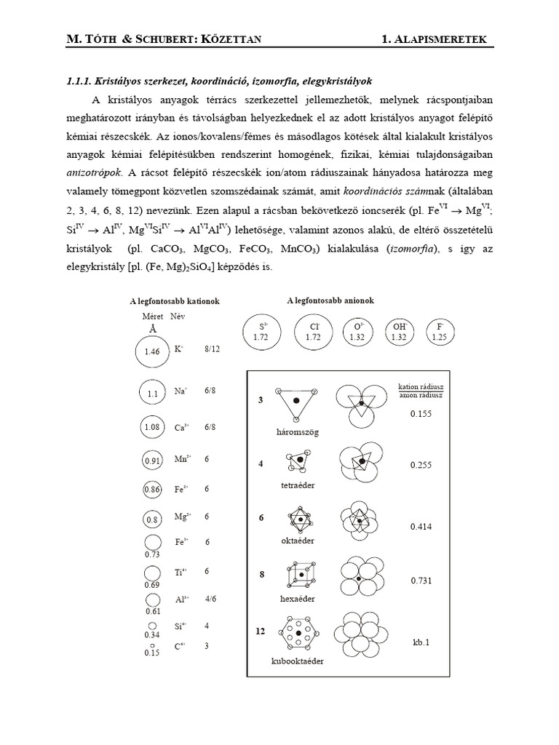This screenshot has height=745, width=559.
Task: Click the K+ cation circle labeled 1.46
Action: point(151,352)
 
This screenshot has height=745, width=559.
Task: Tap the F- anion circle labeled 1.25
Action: point(440,332)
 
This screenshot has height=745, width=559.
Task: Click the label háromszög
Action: point(298,431)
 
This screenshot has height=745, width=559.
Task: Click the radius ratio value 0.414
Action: point(421,526)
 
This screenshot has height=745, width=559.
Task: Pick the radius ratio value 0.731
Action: point(421,581)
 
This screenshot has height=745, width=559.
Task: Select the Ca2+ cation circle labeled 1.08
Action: point(151,428)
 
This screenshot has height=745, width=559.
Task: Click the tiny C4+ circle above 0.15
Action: point(151,645)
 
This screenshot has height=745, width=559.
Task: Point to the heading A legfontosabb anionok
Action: point(332,300)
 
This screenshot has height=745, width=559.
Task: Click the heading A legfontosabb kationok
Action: point(175,301)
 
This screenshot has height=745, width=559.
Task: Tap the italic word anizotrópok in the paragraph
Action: point(92,174)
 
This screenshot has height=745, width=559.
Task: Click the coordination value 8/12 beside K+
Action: point(212,349)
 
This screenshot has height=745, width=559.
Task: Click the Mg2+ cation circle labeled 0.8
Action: point(151,520)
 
